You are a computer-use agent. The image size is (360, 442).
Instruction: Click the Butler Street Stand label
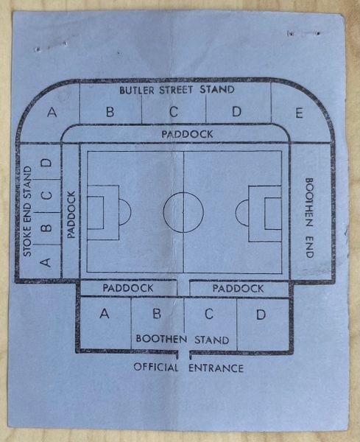[x=177, y=90]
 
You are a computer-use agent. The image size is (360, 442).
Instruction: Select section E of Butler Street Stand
[x=299, y=113]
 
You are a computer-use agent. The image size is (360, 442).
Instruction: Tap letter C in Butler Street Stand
[x=174, y=112]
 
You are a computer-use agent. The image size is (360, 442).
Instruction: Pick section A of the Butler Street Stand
[x=52, y=112]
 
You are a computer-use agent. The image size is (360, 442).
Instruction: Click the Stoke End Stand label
[x=27, y=211]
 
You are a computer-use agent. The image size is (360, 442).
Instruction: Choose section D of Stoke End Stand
[x=46, y=163]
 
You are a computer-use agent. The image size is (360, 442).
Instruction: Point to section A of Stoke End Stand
[x=46, y=262]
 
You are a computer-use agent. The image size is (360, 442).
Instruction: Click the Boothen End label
[x=310, y=217]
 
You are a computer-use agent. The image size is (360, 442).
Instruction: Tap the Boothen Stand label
[x=183, y=340]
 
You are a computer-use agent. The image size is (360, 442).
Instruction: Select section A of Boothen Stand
[x=105, y=314]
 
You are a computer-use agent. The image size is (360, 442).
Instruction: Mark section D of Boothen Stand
[x=261, y=314]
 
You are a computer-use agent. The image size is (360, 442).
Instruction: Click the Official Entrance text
[x=188, y=368]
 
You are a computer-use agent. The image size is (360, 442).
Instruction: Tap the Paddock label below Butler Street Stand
[x=187, y=134]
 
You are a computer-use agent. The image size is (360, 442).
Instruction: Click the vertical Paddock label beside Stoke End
[x=71, y=215]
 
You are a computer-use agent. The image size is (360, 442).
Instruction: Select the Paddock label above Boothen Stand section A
[x=128, y=288]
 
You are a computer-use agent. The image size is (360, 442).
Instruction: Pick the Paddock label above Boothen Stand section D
[x=238, y=288]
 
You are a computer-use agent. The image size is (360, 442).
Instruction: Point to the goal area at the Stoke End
[x=95, y=213]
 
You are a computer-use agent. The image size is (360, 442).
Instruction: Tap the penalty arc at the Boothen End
[x=236, y=213]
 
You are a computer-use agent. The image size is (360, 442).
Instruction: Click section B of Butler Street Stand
[x=110, y=112]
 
